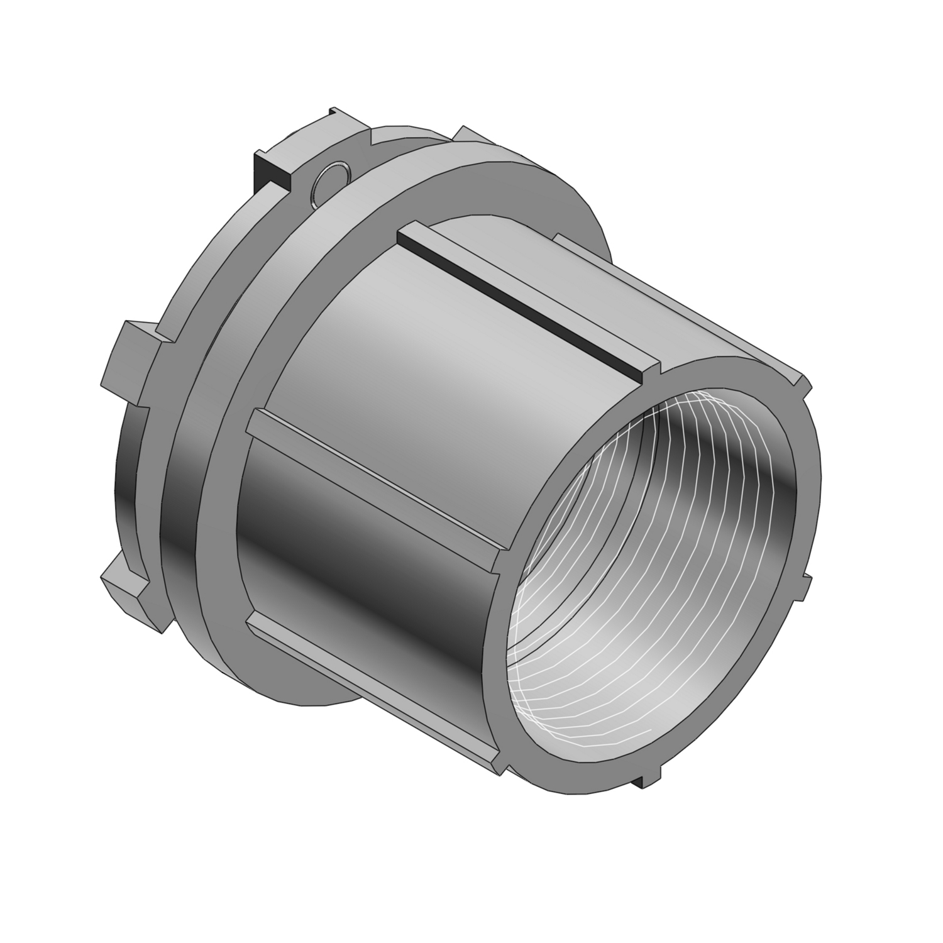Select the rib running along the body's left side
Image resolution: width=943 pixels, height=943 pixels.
coord(377,478)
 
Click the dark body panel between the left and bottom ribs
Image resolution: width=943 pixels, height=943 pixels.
coord(371,566)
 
